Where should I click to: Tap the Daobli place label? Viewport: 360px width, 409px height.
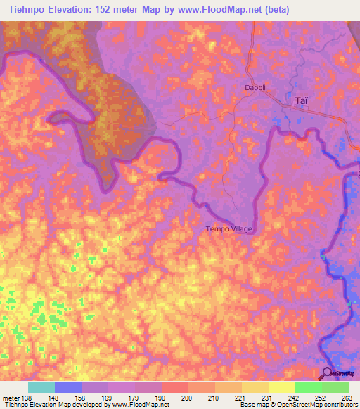click(x=255, y=87)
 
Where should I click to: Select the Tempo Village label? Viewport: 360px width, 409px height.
click(x=228, y=229)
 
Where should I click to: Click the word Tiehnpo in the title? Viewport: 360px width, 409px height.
click(x=27, y=10)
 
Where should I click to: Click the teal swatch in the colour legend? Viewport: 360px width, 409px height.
click(x=41, y=387)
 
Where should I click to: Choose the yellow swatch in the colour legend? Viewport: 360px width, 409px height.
click(x=281, y=387)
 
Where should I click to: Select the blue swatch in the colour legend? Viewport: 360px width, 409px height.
click(x=67, y=387)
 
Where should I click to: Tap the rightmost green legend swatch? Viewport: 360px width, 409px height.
click(x=335, y=387)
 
